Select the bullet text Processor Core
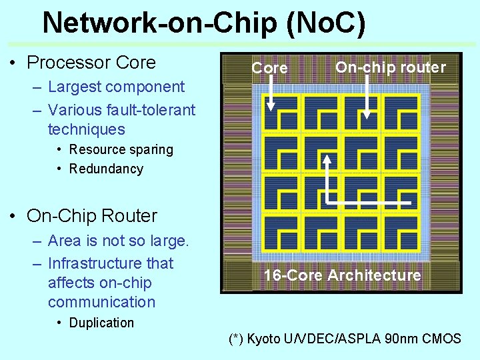[91, 63]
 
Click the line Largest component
[116, 87]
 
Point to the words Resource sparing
[121, 149]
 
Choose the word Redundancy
[106, 169]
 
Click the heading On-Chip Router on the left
[92, 216]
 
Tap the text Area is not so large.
[119, 241]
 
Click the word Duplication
[101, 323]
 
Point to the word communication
[101, 302]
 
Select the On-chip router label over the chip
[390, 67]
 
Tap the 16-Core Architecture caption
[342, 275]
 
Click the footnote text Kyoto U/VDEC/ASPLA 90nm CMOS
[354, 339]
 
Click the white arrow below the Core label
[271, 93]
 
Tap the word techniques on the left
[87, 129]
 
